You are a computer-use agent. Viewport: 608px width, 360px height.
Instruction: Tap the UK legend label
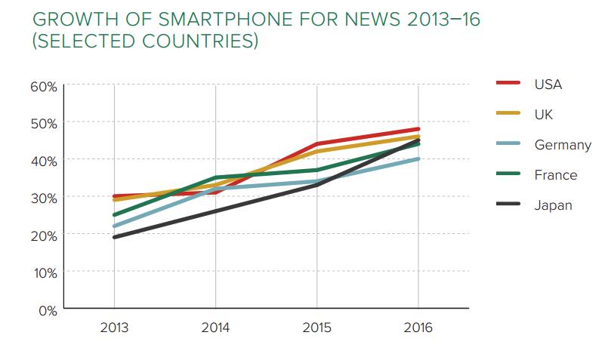tap(544, 114)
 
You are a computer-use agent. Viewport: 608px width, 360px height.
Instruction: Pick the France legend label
tap(555, 175)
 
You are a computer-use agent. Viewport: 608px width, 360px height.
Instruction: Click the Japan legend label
tap(553, 205)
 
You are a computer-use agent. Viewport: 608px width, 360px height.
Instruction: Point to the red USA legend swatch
tap(510, 84)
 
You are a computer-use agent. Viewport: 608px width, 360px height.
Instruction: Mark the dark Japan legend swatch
tap(510, 205)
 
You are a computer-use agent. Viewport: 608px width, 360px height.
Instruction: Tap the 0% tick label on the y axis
tap(48, 309)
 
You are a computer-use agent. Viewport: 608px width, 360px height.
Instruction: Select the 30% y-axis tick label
tap(44, 198)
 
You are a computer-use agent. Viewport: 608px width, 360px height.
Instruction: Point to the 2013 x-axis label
tap(114, 329)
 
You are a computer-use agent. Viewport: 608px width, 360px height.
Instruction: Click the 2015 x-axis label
tap(316, 329)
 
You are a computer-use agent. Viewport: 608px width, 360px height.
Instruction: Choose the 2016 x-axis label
tap(418, 329)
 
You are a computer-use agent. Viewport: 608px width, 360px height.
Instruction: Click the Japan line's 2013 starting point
tap(114, 238)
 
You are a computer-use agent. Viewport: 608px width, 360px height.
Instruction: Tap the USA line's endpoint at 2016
tap(418, 129)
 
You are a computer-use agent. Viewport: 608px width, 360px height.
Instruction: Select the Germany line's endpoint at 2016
tap(418, 158)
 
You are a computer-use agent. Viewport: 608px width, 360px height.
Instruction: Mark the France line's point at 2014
tap(216, 177)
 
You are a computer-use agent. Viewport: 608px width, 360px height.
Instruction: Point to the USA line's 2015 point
tap(316, 144)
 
